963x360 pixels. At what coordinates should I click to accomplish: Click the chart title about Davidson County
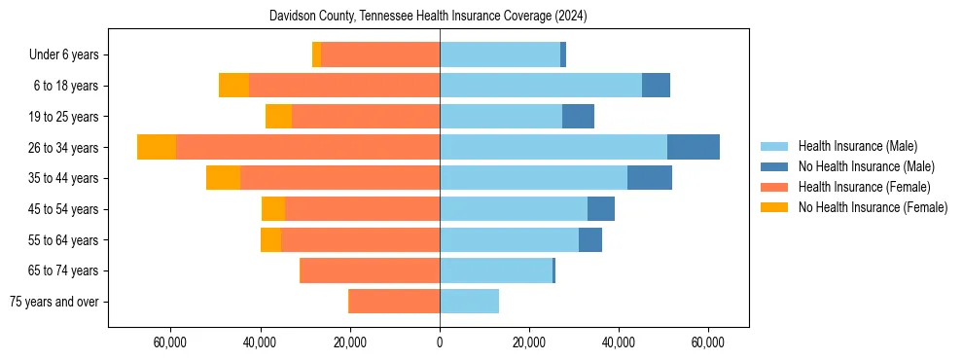click(428, 17)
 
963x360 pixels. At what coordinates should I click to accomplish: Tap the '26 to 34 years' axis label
click(63, 148)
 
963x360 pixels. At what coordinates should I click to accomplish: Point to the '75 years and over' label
click(54, 302)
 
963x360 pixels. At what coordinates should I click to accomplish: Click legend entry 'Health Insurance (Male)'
click(857, 146)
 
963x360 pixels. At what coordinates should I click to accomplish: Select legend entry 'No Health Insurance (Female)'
click(873, 207)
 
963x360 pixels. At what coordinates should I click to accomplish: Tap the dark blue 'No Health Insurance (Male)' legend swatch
click(774, 166)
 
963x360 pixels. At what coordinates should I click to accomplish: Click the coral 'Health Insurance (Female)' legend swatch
click(774, 187)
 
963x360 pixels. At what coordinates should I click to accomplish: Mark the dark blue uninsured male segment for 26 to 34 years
click(694, 147)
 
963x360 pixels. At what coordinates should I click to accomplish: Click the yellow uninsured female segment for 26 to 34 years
click(157, 147)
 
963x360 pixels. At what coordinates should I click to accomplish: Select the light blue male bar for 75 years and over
click(469, 302)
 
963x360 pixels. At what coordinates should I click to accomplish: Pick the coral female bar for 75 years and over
click(394, 302)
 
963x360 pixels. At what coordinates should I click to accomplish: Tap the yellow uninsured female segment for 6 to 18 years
click(233, 86)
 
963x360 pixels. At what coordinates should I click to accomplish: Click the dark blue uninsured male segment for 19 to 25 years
click(578, 117)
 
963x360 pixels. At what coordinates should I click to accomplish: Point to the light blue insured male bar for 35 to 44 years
click(533, 178)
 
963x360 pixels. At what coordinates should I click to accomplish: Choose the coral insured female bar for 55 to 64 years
click(360, 240)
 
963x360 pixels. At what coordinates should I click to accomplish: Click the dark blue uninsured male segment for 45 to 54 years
click(601, 209)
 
